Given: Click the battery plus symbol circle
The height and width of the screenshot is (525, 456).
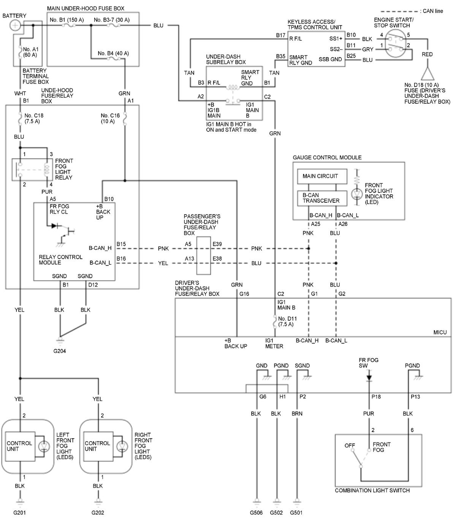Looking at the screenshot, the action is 15,25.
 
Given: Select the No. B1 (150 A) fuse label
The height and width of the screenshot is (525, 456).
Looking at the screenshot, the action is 66,20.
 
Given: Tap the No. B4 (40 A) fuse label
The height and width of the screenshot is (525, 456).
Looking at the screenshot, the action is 113,53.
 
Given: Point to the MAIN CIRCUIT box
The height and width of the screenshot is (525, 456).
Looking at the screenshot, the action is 322,176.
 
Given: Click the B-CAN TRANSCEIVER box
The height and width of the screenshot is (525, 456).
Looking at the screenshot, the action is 322,198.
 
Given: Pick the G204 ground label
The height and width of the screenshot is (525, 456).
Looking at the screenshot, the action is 59,351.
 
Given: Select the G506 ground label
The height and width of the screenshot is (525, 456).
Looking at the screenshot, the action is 256,513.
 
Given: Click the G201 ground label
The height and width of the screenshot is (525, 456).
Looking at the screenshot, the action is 19,513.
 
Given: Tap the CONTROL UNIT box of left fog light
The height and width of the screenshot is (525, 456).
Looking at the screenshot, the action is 20,447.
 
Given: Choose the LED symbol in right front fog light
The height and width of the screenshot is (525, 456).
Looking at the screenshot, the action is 122,447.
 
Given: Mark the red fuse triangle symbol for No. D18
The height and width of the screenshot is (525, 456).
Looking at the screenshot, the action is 427,74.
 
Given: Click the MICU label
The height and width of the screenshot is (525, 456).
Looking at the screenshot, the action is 440,332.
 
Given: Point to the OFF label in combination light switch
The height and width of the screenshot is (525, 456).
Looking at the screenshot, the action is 350,445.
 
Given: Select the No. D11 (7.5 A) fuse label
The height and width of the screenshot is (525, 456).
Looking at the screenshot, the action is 287,321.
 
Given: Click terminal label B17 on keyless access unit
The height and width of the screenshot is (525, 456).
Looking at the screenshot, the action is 281,35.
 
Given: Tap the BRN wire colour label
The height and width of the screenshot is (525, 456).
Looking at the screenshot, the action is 297,414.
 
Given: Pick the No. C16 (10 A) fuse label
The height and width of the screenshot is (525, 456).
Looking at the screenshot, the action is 110,118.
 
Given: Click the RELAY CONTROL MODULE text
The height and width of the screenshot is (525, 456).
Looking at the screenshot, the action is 60,260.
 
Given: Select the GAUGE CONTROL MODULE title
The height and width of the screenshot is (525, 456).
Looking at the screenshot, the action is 327,157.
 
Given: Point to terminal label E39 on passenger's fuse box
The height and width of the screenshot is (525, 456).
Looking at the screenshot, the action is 217,244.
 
